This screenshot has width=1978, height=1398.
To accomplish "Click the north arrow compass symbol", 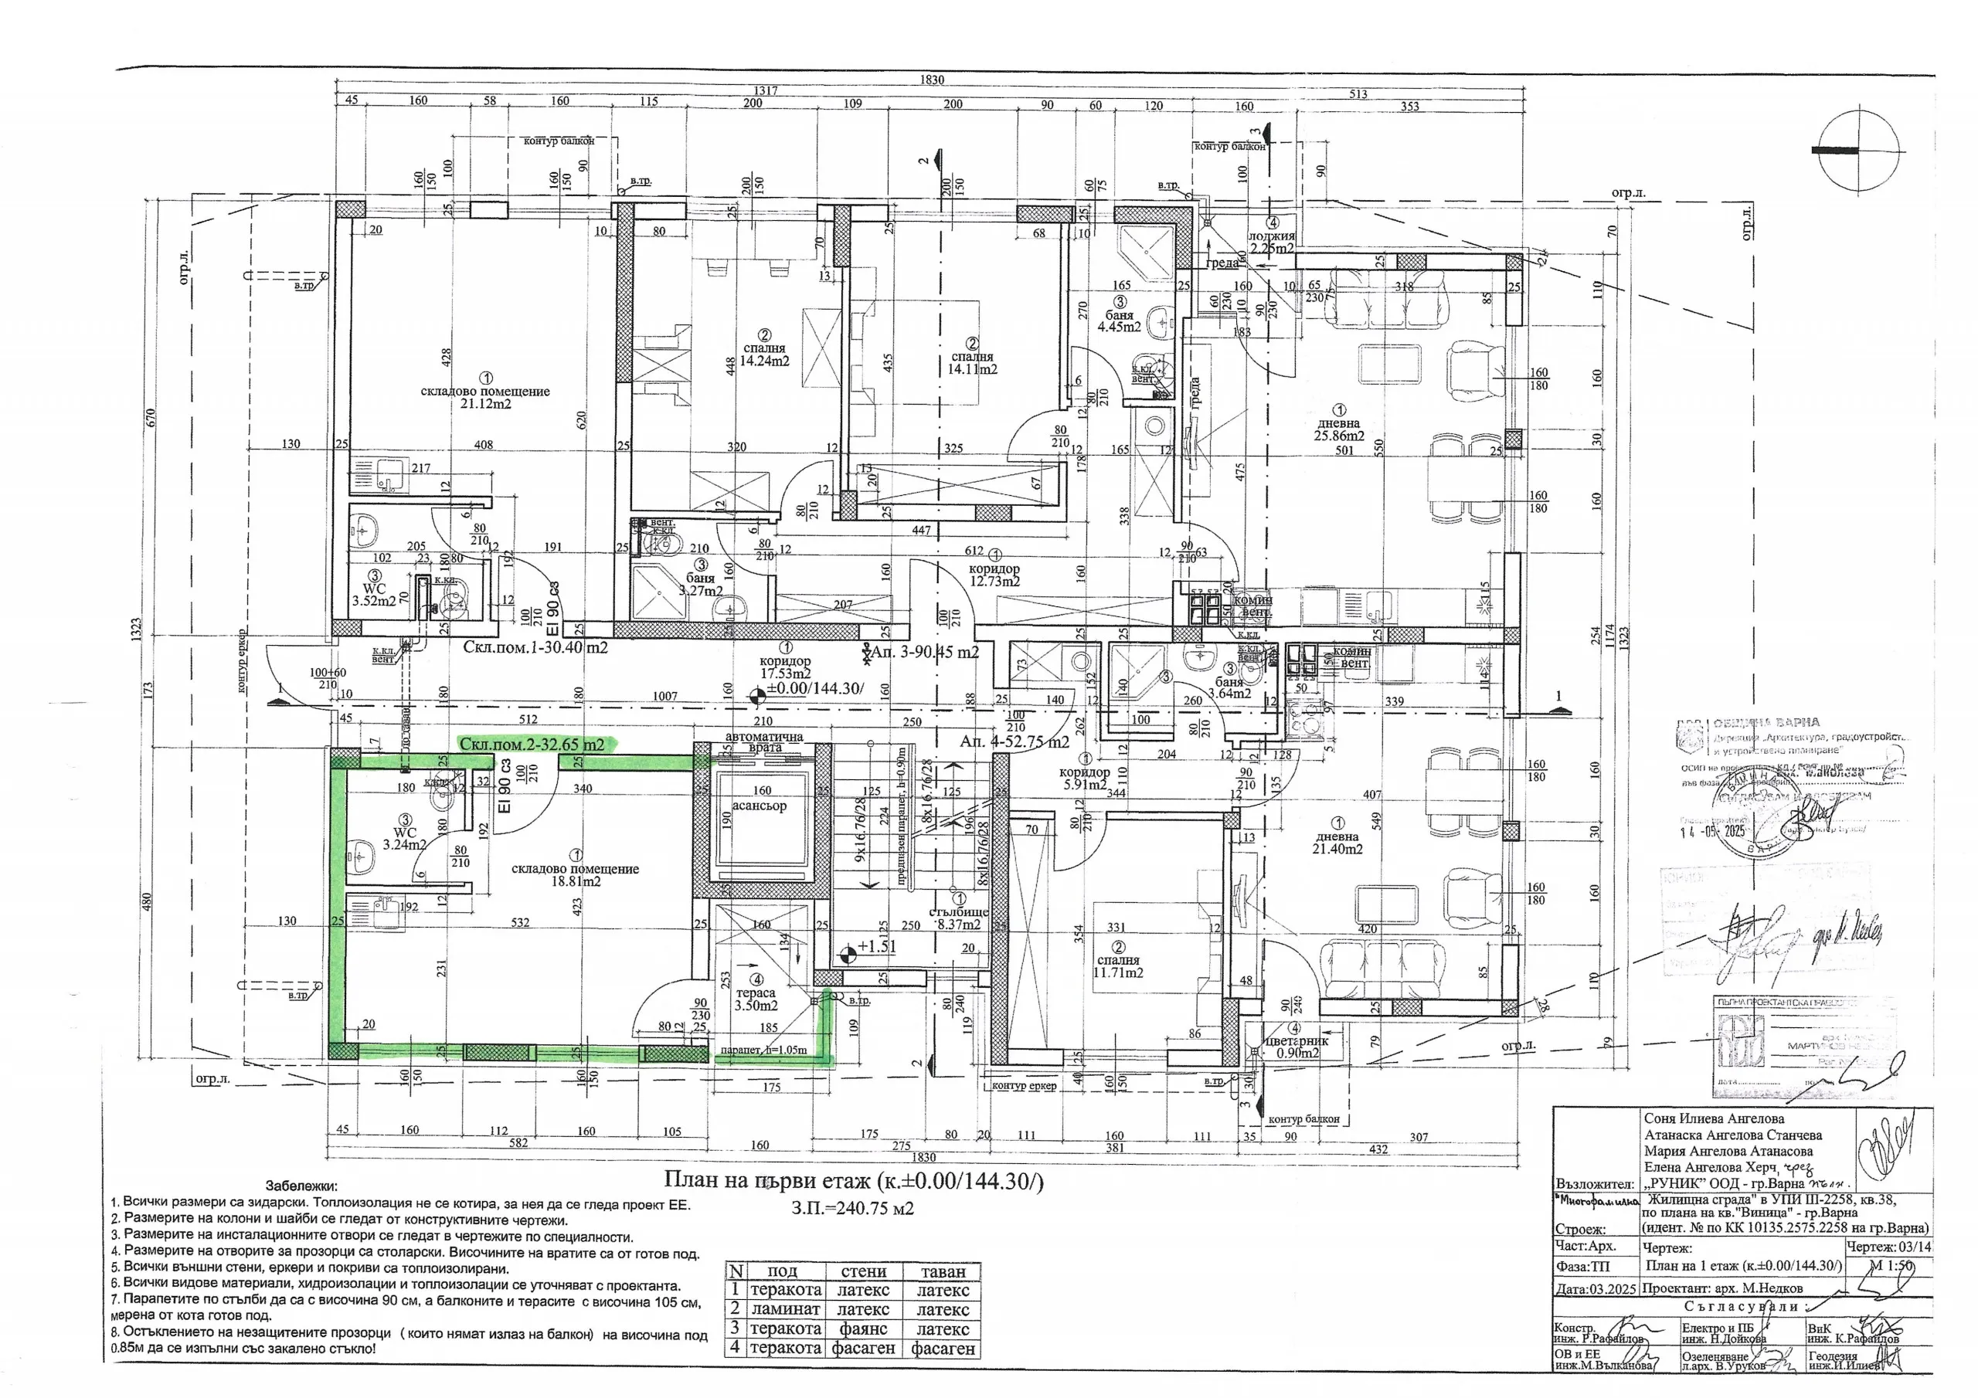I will click(x=1858, y=150).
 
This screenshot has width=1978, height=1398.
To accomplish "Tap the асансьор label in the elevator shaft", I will click(x=759, y=806).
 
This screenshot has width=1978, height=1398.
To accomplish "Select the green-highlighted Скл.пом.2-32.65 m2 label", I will click(x=532, y=743).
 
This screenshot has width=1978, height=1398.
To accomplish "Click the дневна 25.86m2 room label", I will click(x=1339, y=429).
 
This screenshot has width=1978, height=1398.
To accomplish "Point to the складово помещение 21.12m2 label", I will click(x=485, y=397).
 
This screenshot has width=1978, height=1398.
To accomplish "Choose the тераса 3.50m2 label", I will click(x=756, y=999).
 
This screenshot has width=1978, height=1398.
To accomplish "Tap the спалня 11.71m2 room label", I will click(x=1117, y=965).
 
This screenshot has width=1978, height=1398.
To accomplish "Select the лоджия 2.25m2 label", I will click(x=1272, y=241).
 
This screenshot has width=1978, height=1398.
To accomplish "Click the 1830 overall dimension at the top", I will click(x=931, y=80).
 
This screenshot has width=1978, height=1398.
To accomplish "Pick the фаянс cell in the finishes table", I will click(x=863, y=1329).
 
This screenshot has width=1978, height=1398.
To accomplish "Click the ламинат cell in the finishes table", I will click(x=785, y=1309).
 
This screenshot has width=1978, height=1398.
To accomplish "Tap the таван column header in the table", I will click(x=943, y=1271).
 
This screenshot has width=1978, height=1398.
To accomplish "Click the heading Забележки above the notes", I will click(x=301, y=1186).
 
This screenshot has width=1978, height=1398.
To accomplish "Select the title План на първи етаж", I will click(x=853, y=1181).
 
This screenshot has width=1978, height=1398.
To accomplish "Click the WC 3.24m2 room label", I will click(x=404, y=838).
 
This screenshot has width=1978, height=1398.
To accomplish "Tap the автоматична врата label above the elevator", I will click(x=764, y=741).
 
